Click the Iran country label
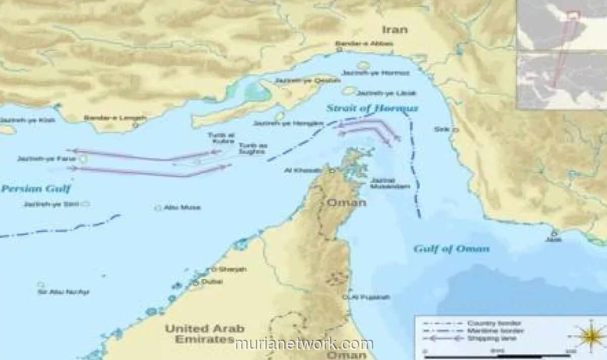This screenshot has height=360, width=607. click(395, 30)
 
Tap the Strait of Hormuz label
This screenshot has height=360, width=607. click(372, 108)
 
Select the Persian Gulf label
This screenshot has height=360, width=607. click(35, 189)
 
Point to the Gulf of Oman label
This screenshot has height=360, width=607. click(451, 249)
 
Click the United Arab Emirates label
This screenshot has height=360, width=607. click(204, 334)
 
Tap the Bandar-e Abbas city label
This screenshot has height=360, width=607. click(364, 44)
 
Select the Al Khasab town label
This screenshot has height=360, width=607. click(302, 170)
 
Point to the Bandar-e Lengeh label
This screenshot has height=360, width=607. click(115, 118)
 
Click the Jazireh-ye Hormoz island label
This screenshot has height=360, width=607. click(375, 73)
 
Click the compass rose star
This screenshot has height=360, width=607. click(591, 336)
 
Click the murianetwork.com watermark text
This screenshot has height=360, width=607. click(303, 344)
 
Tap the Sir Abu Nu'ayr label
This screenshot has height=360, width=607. click(63, 292)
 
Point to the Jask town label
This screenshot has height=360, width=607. click(553, 239)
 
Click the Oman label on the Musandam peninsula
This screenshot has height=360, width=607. click(346, 203)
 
